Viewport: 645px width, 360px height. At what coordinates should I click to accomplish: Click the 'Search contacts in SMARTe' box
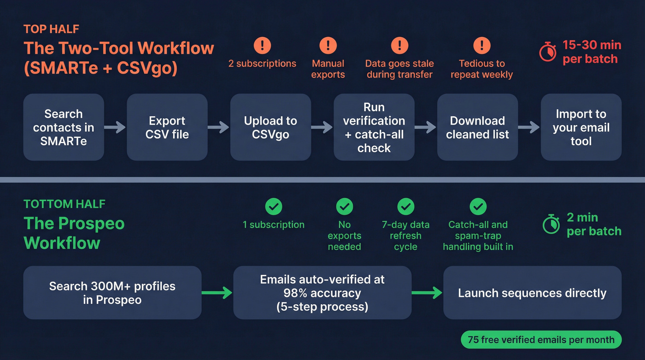pos(64,127)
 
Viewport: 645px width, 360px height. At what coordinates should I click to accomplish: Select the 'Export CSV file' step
pos(167,127)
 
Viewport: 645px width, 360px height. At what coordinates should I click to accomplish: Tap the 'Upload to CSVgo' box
pos(270,127)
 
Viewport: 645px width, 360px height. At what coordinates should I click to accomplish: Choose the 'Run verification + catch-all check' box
pos(374,127)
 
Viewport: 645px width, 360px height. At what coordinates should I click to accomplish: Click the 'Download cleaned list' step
pos(477,127)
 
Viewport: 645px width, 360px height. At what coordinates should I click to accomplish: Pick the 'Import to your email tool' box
pos(581,127)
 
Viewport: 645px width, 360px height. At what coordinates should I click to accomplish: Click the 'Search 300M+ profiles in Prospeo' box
pos(112,293)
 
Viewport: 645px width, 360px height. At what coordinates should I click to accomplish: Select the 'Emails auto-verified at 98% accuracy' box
pos(322,293)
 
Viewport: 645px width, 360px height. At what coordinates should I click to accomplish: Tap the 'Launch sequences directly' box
pos(532,293)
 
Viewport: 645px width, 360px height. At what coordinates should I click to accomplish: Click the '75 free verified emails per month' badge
pos(541,340)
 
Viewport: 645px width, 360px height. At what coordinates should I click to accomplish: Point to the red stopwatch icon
pos(548,53)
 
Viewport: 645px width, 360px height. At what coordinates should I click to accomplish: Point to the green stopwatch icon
pos(551,224)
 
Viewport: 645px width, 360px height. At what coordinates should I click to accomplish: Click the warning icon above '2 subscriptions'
pos(262,45)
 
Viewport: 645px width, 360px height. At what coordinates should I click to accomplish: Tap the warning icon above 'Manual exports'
pos(328,45)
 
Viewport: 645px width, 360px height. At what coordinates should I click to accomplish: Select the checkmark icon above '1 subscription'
pos(273,207)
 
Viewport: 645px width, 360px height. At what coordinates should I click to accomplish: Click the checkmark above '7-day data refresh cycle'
pos(405,207)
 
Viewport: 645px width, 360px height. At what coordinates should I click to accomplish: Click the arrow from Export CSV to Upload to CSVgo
pos(218,127)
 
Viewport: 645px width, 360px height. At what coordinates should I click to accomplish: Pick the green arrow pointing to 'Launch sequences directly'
pos(427,293)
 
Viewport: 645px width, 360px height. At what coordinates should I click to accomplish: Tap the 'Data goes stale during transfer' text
pos(399,69)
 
